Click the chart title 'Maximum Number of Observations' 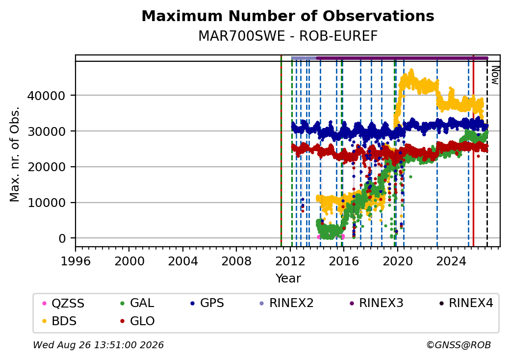tap(288, 16)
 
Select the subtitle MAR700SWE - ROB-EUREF tap(288, 36)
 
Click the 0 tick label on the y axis tap(62, 239)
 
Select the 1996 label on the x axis tap(76, 261)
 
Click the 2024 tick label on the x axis tap(451, 261)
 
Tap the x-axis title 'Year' tap(288, 279)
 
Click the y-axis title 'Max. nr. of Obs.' tap(15, 154)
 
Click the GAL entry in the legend tap(137, 304)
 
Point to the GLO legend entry tap(137, 321)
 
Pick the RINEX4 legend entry tap(466, 304)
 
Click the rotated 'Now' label tap(495, 75)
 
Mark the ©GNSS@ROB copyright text tap(459, 345)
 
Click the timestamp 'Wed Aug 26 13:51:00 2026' tap(99, 345)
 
